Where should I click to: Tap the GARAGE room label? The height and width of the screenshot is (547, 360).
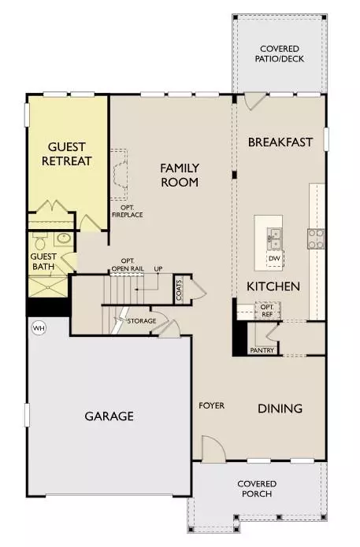click(109, 416)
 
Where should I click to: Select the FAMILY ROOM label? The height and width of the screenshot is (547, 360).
click(180, 175)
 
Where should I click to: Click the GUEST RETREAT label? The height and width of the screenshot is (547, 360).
click(70, 153)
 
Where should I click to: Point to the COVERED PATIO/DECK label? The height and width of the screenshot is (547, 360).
click(280, 54)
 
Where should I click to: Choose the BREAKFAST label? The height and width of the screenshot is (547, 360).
click(280, 142)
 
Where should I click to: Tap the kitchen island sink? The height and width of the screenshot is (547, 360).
click(274, 235)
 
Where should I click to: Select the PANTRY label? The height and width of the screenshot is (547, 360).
click(261, 350)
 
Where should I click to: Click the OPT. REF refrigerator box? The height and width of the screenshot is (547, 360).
click(267, 309)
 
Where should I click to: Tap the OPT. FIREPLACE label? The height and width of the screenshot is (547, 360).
click(127, 211)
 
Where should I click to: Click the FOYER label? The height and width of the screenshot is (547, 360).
click(211, 406)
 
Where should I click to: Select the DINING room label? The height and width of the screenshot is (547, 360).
click(280, 408)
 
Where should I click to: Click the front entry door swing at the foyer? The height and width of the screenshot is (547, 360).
click(213, 450)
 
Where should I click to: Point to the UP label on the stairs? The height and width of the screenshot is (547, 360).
click(158, 268)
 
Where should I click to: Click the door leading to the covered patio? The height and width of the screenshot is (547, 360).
click(254, 102)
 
